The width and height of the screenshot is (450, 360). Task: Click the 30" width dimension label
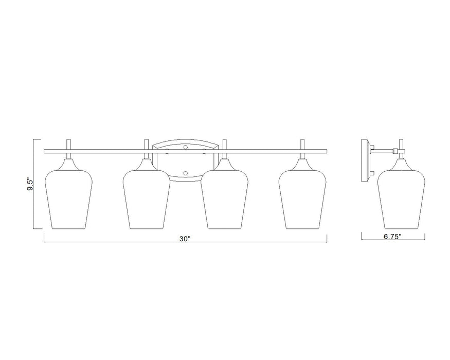coord(185,239)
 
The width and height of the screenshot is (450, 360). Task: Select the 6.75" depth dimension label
coord(393,237)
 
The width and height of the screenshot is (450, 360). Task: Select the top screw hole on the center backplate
coord(186,148)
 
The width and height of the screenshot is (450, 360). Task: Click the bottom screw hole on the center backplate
coord(186,174)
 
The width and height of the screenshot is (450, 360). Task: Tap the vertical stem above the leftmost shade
coord(69,145)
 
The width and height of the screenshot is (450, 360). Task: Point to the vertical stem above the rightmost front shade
coord(302,145)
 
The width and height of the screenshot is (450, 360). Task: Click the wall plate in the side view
coord(365,159)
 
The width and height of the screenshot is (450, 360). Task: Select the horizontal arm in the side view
coord(383,151)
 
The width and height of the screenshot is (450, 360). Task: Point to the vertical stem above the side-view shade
coord(401,146)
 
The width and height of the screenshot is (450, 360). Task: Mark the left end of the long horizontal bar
coord(46,151)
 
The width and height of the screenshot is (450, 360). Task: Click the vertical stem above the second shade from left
coord(147,145)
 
